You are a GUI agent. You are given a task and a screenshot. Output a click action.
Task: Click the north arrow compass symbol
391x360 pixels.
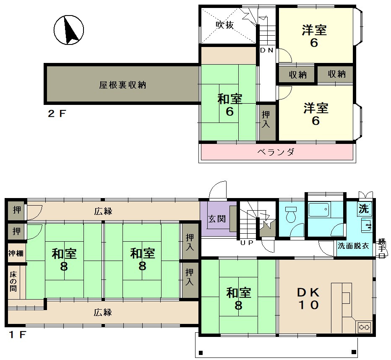coord(69,30)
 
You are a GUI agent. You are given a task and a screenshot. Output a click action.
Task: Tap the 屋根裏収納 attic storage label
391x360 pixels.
coord(123,85)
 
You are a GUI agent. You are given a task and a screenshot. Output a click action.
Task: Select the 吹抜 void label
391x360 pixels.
coord(225,25)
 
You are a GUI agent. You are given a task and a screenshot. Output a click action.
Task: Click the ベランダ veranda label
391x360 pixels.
coord(276,151)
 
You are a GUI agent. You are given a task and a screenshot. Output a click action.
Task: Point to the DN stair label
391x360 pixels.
coord(267,50)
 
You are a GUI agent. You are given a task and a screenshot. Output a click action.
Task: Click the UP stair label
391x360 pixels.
coord(247,243)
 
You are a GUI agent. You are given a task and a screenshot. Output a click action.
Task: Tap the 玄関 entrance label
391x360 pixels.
coord(217,219)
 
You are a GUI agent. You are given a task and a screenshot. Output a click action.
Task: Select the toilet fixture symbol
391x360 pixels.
coord(290,214)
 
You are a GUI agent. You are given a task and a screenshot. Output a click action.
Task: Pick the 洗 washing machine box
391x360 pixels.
coord(364,209)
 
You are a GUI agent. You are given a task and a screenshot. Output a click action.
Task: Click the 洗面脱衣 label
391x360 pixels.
coord(353,246)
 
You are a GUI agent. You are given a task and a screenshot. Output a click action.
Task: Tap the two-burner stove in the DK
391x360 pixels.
coord(364,327)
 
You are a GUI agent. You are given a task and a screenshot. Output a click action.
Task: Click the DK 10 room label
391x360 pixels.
coord(308,298)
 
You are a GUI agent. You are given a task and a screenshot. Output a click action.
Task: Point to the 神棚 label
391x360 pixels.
coord(16,253)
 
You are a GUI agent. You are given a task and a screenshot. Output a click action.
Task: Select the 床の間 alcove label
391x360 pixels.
coord(13,282)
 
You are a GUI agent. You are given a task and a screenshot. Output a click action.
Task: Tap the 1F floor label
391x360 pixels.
coord(17,334)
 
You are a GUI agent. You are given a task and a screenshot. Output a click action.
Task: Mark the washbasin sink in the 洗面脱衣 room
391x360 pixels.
coord(366,225)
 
